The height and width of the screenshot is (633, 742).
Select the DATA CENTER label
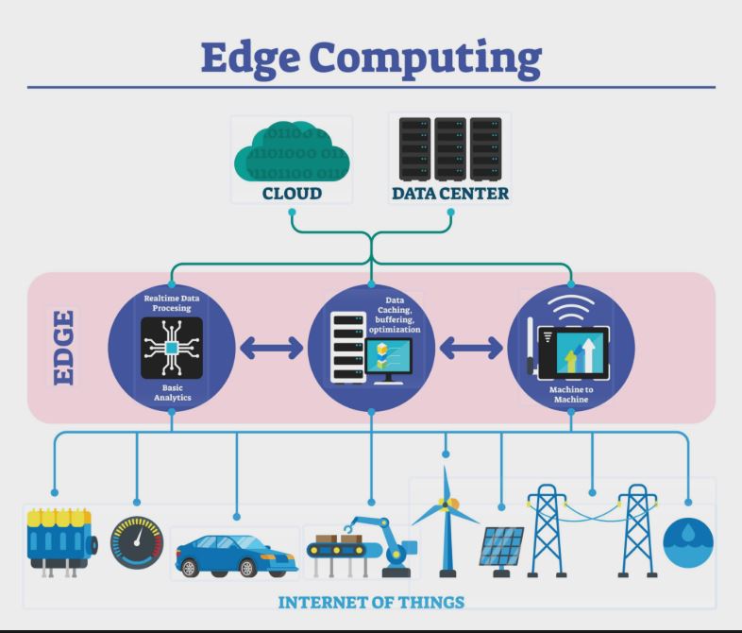(449, 195)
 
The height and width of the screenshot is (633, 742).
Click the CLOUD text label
(292, 195)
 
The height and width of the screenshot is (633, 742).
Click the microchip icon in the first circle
(171, 349)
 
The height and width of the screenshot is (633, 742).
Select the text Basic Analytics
(171, 393)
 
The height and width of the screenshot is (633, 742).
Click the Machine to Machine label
(571, 394)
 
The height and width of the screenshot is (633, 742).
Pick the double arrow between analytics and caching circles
(271, 348)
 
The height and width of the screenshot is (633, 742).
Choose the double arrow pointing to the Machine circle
(471, 348)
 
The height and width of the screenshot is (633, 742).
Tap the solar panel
(503, 548)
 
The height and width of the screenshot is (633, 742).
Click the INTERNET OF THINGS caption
(370, 602)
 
